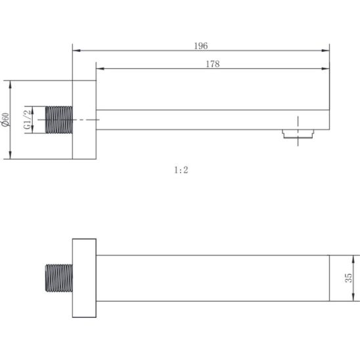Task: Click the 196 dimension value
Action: [x=201, y=45]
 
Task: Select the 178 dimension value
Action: [x=212, y=64]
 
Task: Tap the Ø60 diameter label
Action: [x=6, y=120]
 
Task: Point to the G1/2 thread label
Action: [x=28, y=120]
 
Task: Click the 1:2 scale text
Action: [x=181, y=169]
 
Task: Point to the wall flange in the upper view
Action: [x=84, y=120]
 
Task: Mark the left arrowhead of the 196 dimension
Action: [x=74, y=50]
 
